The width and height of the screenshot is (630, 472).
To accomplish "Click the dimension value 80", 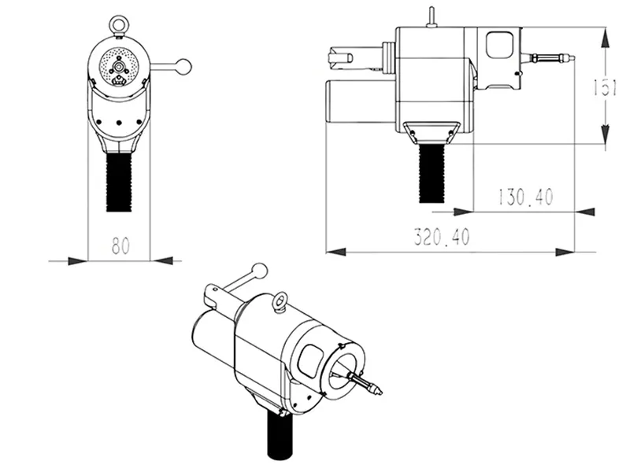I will [x=119, y=245].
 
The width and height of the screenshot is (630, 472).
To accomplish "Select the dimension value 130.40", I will [x=524, y=197].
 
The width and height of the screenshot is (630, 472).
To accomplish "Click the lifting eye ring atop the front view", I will [x=119, y=24].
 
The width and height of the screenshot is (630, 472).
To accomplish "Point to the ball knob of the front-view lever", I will [x=183, y=66].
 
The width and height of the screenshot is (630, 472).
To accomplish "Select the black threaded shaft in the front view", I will [x=119, y=181].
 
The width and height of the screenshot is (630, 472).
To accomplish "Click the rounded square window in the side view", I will [x=498, y=44].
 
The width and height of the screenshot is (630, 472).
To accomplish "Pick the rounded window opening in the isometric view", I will [x=309, y=361].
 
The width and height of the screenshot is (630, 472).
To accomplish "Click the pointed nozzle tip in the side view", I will [x=569, y=57].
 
